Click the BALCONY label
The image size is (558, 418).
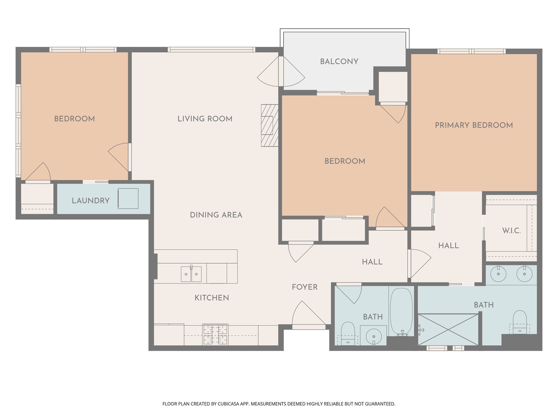[x=339, y=62]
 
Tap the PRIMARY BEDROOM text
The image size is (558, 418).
[x=474, y=125]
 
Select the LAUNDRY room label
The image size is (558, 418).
[x=91, y=200]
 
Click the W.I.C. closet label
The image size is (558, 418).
[x=511, y=231]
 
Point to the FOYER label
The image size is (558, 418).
[x=305, y=287]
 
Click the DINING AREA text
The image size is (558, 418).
[x=216, y=215]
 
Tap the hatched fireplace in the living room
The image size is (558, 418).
[x=270, y=125]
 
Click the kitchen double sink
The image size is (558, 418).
[x=191, y=274]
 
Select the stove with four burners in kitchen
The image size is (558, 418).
[x=215, y=334]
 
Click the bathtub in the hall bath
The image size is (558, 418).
[x=401, y=312]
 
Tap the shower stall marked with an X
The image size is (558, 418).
[x=448, y=329]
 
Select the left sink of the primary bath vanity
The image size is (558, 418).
[x=498, y=274]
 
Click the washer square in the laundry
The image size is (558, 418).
[x=128, y=199]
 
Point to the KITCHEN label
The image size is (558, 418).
[x=212, y=298]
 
